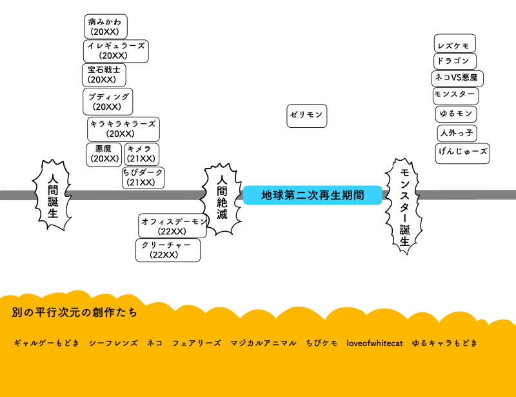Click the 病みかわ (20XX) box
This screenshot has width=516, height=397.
coord(106,26)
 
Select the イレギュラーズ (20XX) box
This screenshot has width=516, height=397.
coord(116,51)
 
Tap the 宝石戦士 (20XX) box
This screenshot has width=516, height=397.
coord(104,75)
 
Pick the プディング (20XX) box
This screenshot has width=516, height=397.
coord(108,101)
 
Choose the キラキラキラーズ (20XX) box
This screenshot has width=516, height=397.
coord(123,129)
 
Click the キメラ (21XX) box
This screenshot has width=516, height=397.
coord(141,154)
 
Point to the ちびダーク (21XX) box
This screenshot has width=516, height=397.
coord(143,178)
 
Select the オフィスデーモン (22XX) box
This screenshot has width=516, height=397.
coord(173,226)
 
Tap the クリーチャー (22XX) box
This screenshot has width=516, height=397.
coord(168,250)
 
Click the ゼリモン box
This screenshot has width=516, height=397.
coord(306,115)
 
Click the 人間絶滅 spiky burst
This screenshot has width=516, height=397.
coord(222,197)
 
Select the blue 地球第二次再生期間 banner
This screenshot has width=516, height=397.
coord(312,195)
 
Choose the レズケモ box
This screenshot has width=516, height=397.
coord(455,44)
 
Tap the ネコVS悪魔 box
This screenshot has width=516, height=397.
coord(457,78)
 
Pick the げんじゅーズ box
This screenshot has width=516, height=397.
coord(462,154)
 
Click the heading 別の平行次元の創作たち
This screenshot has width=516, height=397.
coord(74,312)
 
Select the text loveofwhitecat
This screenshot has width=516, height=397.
coord(374,343)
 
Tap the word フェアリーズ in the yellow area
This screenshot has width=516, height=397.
coord(196,343)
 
